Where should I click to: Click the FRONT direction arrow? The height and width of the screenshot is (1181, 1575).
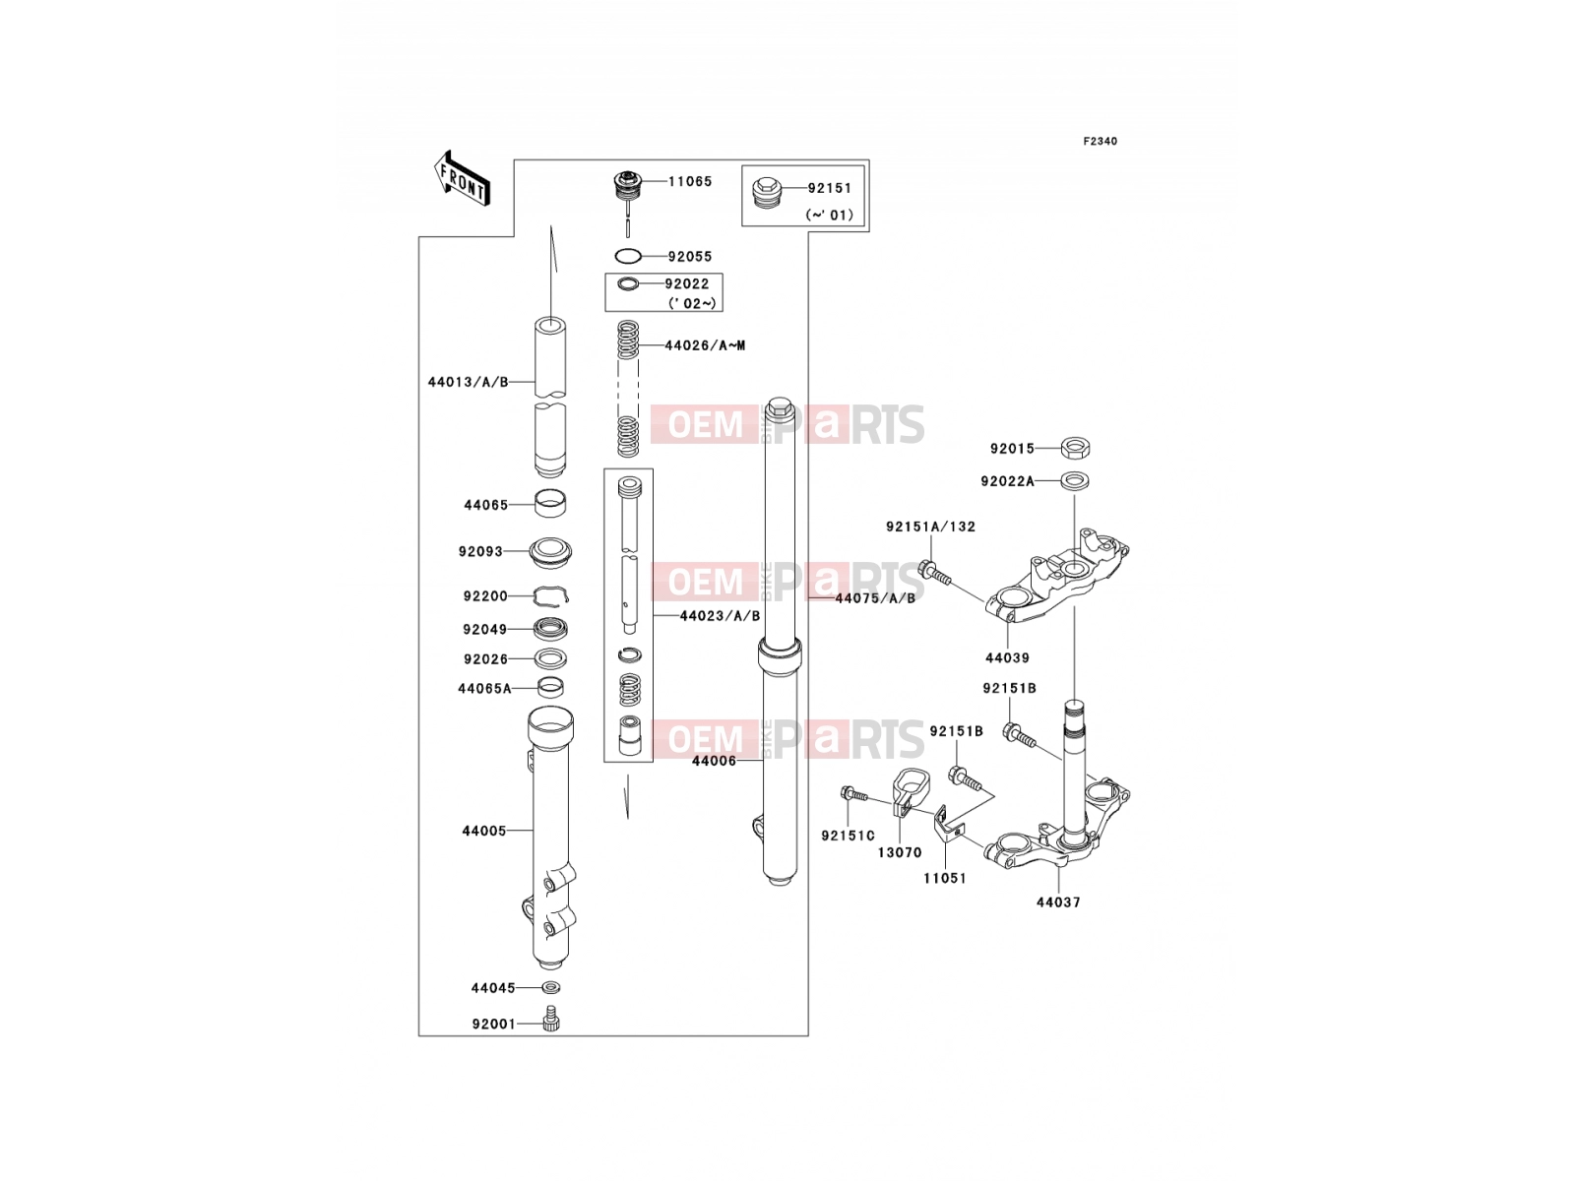tap(462, 180)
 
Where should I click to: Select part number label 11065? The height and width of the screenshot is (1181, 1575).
tap(690, 181)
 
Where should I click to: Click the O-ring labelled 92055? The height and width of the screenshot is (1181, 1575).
tap(628, 256)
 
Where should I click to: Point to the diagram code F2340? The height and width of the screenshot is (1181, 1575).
tap(1100, 142)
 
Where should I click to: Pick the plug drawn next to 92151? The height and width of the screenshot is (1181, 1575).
tap(764, 192)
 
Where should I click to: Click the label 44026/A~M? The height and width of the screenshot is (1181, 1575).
tap(705, 345)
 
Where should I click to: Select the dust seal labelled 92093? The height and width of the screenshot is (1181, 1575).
tap(550, 552)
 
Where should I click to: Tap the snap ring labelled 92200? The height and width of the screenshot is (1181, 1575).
tap(550, 595)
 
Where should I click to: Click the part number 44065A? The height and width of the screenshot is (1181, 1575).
tap(484, 689)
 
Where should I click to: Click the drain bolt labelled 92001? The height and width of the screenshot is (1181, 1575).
tap(552, 1020)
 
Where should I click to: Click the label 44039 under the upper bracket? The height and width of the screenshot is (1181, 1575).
tap(1007, 658)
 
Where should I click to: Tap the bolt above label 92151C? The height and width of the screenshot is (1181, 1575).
tap(853, 794)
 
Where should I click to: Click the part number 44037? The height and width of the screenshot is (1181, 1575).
tap(1057, 902)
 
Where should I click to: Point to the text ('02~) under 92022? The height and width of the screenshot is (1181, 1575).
tap(692, 303)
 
